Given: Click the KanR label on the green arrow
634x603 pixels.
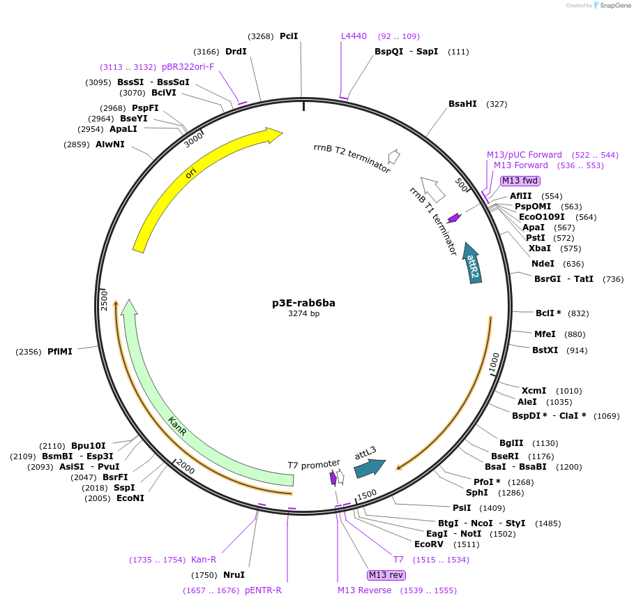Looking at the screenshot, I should pos(177,426).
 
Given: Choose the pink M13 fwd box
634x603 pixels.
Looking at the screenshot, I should pos(520,181).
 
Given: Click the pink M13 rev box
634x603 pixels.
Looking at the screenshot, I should pos(386,574).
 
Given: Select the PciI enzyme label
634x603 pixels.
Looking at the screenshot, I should pos(289,36).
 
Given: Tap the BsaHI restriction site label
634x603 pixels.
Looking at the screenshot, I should pos(462,104).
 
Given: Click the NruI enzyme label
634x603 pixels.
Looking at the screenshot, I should pos(234,575).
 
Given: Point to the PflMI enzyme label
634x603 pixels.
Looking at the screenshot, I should pos(60,351).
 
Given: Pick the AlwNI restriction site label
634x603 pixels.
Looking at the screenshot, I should pos(110,144).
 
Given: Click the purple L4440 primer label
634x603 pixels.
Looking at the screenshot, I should pos(354,36).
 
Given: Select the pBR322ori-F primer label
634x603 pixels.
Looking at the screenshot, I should pos(188,67).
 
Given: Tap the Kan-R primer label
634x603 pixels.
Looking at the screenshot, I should pos(204,560).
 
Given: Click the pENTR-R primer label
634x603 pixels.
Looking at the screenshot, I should pos(263,590).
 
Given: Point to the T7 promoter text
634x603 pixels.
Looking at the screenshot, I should pos(314,463).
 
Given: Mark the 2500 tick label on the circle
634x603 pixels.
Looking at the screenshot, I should pos(105,301).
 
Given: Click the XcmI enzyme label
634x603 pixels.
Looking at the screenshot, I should pos(534,391).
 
